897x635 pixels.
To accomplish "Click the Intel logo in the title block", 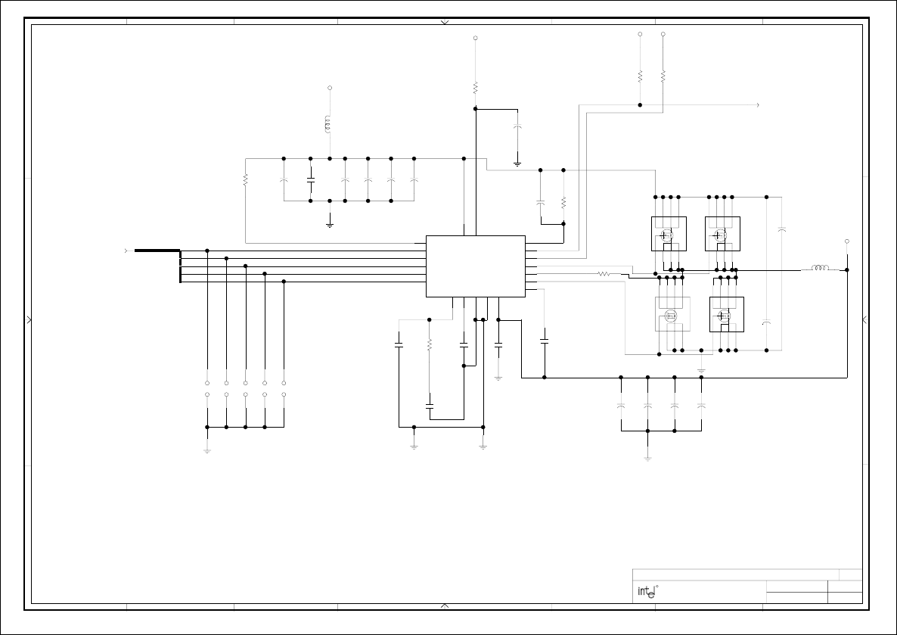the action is click(648, 592).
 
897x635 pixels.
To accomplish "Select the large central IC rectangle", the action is click(476, 266).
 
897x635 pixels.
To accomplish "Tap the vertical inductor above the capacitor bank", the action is click(327, 124).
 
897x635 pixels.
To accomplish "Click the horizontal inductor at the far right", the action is click(820, 267).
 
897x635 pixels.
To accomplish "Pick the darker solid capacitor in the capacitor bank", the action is click(311, 180).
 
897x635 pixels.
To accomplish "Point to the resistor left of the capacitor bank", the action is click(245, 180).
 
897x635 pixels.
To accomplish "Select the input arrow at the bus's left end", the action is click(126, 251).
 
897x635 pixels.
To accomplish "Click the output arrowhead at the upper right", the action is click(758, 105).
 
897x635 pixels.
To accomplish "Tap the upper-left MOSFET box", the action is click(669, 234).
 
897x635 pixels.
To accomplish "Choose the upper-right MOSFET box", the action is click(722, 234).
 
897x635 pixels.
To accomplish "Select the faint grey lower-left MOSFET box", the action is click(672, 314).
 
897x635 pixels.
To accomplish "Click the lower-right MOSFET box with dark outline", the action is click(727, 314).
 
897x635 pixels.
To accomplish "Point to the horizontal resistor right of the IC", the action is click(604, 274).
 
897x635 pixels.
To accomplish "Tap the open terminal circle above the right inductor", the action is click(847, 241).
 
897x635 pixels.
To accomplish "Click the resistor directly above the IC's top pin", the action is click(476, 88).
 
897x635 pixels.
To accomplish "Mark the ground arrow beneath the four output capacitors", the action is click(647, 458).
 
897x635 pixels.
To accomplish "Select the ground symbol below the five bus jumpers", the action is click(207, 450).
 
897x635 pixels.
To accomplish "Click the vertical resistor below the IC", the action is click(429, 344).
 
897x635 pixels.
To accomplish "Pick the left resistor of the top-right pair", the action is click(640, 76).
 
